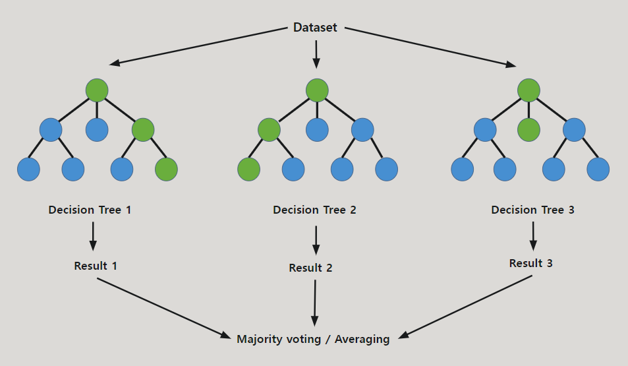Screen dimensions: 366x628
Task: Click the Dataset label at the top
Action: click(315, 28)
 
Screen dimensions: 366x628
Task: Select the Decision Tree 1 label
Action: click(90, 210)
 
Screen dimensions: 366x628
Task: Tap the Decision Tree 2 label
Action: click(314, 210)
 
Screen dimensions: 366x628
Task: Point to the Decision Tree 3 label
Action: click(532, 210)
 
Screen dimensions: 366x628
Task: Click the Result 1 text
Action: click(96, 266)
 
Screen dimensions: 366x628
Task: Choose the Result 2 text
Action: click(310, 268)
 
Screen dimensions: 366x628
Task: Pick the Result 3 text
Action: click(530, 263)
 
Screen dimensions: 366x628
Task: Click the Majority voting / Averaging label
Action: click(313, 340)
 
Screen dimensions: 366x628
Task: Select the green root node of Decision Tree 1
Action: click(97, 90)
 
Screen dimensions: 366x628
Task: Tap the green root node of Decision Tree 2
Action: click(317, 90)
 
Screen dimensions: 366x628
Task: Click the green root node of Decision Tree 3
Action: click(528, 90)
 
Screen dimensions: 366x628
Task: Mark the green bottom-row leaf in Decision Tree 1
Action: click(166, 169)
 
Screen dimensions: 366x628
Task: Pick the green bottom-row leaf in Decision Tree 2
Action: click(248, 169)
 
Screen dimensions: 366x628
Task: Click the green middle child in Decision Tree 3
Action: click(528, 129)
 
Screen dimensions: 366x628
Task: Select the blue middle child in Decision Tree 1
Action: click(97, 129)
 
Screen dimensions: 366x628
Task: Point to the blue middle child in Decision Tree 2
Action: click(317, 129)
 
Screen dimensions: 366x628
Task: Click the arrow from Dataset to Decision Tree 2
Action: click(316, 54)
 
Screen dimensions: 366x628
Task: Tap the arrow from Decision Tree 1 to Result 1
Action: click(93, 236)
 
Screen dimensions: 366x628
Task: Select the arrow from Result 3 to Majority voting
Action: click(468, 306)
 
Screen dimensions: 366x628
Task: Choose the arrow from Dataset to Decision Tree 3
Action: click(428, 46)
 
